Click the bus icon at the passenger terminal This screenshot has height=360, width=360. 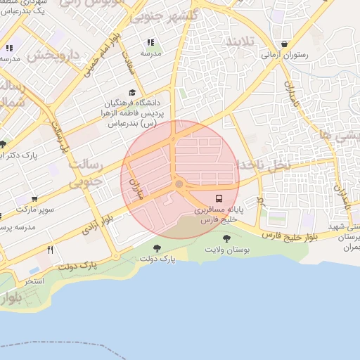219,198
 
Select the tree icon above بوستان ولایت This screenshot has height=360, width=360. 226,239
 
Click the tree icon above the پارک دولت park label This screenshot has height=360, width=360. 156,248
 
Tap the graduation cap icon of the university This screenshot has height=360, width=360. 132,92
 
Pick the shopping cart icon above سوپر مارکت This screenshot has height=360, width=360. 34,199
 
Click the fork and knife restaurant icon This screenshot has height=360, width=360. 50,250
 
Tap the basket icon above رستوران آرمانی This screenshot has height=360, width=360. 284,43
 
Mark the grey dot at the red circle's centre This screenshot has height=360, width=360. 179,184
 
